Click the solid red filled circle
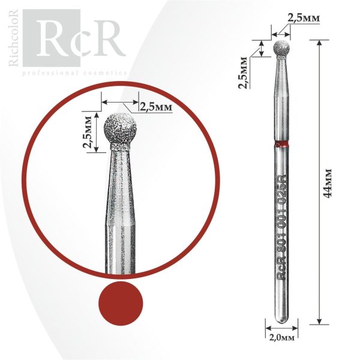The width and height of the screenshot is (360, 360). pyautogui.click(x=121, y=303)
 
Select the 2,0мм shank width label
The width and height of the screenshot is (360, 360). pyautogui.click(x=281, y=337)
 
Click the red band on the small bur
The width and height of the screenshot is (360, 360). pyautogui.click(x=282, y=144)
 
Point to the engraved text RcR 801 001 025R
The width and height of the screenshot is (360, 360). pyautogui.click(x=282, y=226)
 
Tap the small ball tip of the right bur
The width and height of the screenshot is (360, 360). pyautogui.click(x=281, y=48)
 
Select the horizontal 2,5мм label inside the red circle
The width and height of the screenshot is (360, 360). pyautogui.click(x=156, y=107)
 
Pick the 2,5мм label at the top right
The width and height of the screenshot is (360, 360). pyautogui.click(x=304, y=19)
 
